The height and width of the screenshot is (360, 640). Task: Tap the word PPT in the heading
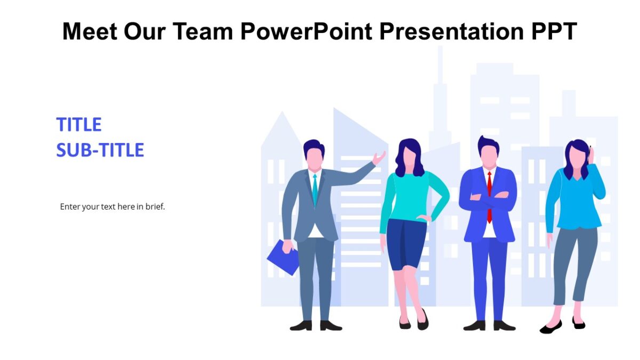click(x=553, y=31)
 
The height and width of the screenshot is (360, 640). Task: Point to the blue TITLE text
click(x=79, y=125)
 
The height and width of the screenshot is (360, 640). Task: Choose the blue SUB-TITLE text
click(x=100, y=150)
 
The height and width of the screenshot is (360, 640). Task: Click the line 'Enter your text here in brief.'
click(x=113, y=206)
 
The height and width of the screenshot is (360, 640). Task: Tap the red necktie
click(x=489, y=195)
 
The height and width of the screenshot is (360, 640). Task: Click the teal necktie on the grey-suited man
click(x=315, y=189)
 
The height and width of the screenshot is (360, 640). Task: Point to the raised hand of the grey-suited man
click(x=379, y=158)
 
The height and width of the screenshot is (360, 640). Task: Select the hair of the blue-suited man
click(x=488, y=143)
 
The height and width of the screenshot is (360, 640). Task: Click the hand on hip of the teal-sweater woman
click(x=424, y=218)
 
